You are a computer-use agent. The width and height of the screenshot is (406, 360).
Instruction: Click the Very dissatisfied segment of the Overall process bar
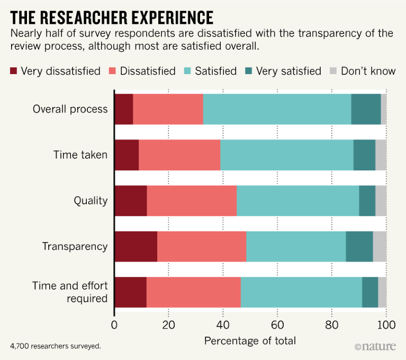pos(123,110)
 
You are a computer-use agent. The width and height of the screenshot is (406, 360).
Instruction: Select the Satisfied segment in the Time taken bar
pos(286,155)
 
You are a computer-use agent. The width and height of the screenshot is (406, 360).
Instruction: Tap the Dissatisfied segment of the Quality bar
pos(191,201)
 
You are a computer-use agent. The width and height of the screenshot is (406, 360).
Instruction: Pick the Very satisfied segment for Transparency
pos(359,247)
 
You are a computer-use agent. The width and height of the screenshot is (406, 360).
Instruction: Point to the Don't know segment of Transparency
pos(380,247)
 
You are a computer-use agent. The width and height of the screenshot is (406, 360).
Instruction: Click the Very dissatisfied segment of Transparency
pos(136,247)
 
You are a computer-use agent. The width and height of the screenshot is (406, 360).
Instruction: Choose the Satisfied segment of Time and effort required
pos(301,292)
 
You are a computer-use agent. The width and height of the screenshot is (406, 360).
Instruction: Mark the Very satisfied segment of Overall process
pos(366,110)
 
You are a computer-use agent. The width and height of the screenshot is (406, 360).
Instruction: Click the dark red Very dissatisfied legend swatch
pos(14,71)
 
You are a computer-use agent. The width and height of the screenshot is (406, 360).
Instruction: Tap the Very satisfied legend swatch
pos(248,71)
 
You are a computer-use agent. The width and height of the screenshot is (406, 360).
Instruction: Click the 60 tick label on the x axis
pos(277,324)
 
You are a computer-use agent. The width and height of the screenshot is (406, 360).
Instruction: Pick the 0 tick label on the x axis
pos(114,324)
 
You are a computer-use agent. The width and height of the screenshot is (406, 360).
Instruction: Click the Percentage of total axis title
pos(250,340)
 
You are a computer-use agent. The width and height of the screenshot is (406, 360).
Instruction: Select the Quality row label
pos(91,201)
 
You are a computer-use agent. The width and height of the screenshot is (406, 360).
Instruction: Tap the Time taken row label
pos(80,155)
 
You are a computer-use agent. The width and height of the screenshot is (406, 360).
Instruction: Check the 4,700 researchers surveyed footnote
pos(55,346)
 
